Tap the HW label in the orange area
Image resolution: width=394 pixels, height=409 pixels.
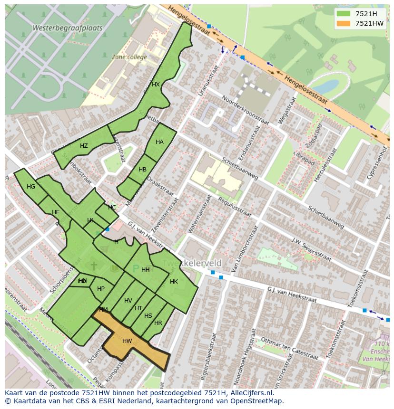pos(127,341)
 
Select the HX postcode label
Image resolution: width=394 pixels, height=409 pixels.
pos(156,85)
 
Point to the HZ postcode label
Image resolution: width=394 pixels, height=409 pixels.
pos(84,146)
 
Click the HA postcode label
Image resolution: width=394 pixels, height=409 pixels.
pos(159,142)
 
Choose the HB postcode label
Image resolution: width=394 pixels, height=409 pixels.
pos(142,170)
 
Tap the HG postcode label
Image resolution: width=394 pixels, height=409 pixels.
pos(31,187)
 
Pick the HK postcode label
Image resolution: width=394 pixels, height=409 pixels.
pos(174,282)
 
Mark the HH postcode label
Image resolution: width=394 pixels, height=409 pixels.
pos(146,270)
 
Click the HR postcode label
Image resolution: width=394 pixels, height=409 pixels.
pos(158,323)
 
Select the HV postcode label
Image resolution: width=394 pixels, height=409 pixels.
pos(128,301)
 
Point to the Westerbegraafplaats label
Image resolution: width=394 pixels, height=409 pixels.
pos(67,28)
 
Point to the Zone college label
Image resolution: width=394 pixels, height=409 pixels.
pos(129,57)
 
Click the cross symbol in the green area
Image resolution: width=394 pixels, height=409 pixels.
pos(93,266)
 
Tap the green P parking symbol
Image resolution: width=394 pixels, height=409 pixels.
pos(136,269)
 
